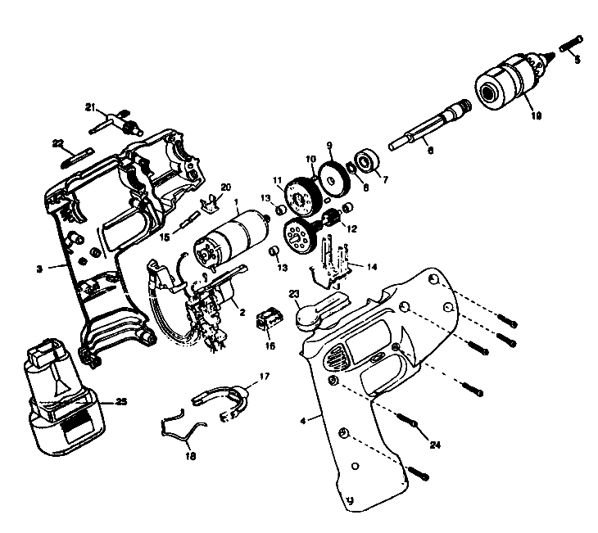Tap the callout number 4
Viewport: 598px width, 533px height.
(x=304, y=421)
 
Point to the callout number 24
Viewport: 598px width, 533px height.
(x=436, y=445)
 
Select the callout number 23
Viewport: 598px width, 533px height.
(x=293, y=293)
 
